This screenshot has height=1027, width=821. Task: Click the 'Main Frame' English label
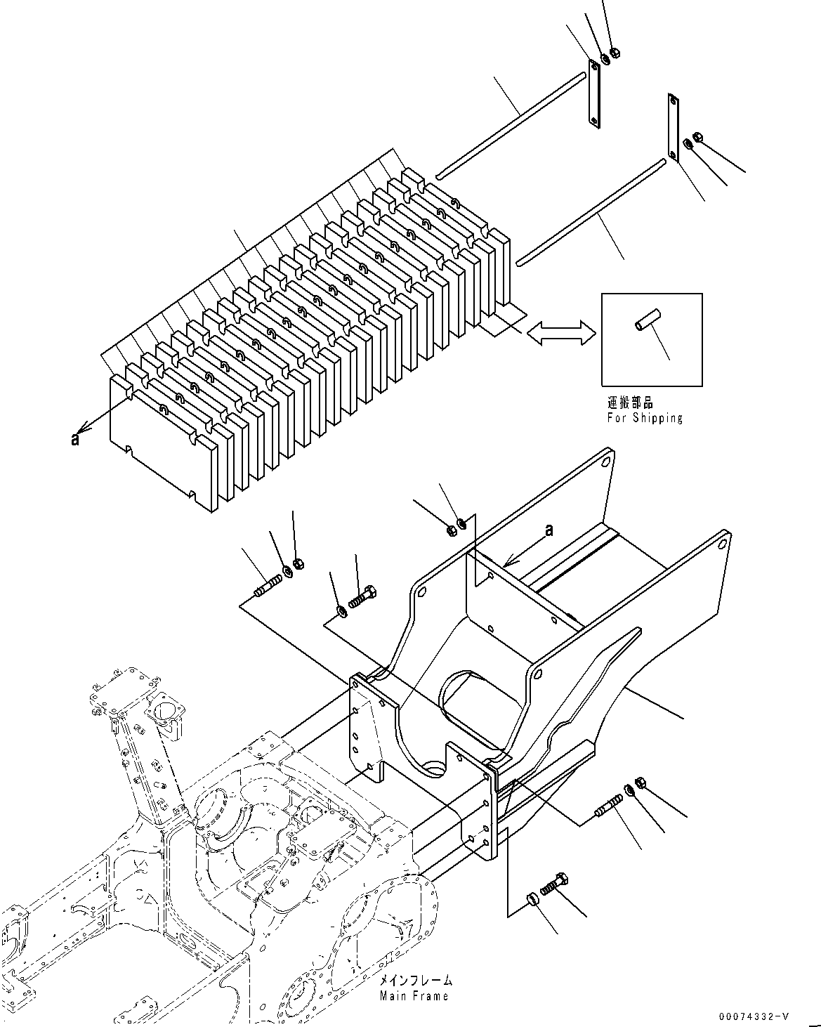[414, 996]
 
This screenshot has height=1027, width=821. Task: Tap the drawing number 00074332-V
[754, 1016]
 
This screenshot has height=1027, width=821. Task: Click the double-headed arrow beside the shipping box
[560, 332]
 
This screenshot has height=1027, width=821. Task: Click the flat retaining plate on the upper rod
[593, 93]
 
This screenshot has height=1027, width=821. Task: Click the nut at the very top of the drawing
[615, 52]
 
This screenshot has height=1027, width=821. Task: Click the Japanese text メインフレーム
[416, 981]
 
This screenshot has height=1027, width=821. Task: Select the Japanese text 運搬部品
[630, 403]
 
